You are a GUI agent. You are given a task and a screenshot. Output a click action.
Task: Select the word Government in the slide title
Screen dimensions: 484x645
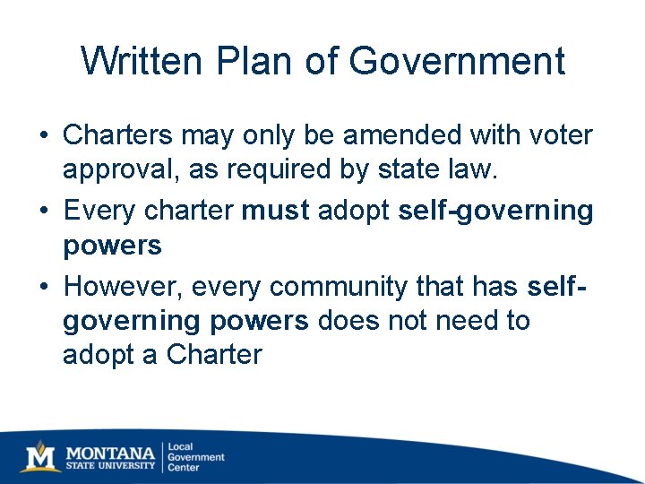click(x=457, y=62)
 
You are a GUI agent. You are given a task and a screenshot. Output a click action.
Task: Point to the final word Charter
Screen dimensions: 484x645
click(x=214, y=354)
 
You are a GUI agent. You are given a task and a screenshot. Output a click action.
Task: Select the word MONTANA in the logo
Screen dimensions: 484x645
click(x=109, y=451)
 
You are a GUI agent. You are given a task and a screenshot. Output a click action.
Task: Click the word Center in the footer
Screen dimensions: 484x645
click(x=184, y=468)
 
